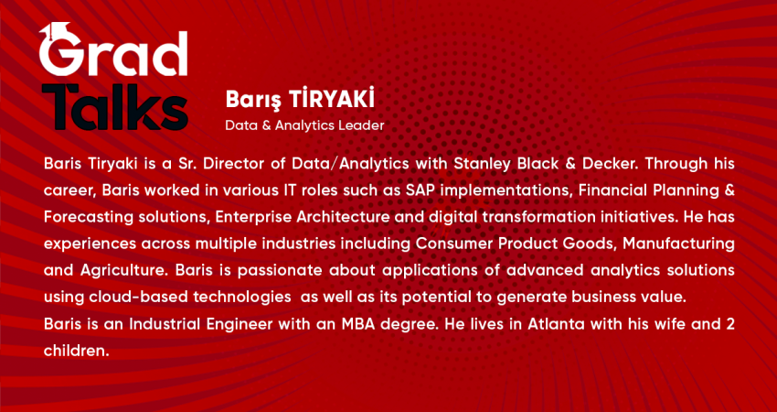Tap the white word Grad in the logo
[113, 53]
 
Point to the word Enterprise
[250, 218]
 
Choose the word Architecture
[333, 217]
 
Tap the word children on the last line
[76, 352]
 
